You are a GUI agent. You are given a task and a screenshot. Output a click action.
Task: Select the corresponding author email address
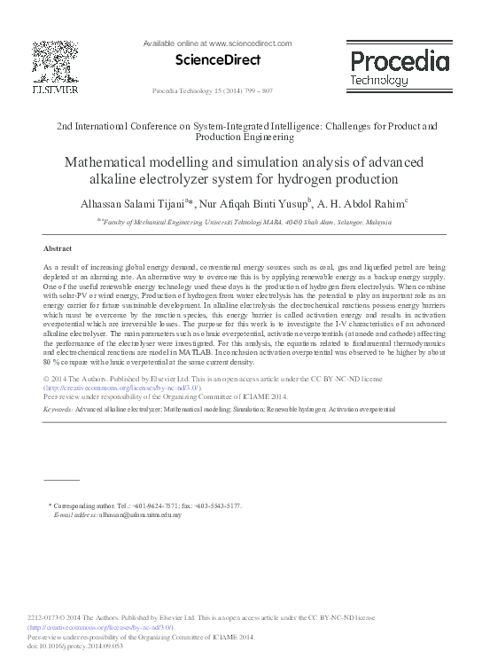[x=139, y=514]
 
